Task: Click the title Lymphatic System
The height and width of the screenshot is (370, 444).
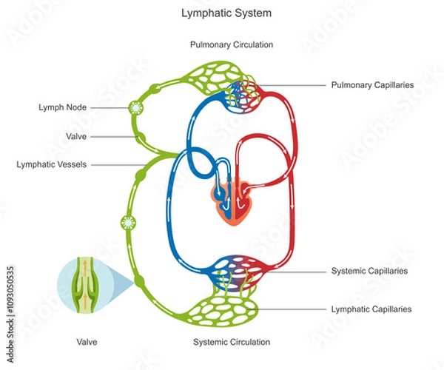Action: pos(221,13)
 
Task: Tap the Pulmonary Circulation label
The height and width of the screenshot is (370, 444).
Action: pos(232,44)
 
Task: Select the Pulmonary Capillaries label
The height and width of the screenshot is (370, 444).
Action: pos(372,85)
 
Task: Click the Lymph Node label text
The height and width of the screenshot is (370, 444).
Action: pos(62,107)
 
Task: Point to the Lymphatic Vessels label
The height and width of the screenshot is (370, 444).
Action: pos(51,164)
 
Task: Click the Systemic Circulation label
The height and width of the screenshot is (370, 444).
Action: pos(232,342)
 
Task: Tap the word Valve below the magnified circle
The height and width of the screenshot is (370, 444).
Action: pos(87,342)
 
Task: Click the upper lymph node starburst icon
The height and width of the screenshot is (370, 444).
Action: pos(135,107)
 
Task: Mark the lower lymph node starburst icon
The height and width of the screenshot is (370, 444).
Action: pos(127,222)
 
